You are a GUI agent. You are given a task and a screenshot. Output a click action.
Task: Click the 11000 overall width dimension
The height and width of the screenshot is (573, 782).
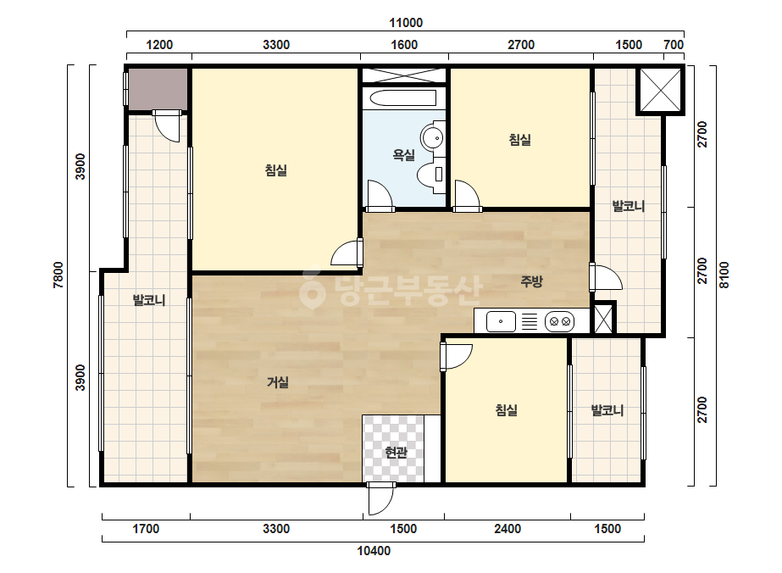406,23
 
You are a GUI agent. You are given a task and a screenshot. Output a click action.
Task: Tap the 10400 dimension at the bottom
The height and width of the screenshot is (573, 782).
374,551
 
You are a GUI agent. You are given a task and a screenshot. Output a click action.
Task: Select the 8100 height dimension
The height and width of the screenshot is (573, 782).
724,275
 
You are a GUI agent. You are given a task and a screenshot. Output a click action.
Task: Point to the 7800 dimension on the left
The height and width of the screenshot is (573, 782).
58,275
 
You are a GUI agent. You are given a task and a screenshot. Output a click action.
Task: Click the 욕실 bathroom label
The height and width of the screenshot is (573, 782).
403,155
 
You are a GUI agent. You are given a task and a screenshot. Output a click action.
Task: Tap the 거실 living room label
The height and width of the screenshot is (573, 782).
278,383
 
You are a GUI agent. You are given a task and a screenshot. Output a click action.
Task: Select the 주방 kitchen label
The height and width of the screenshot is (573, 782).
531,281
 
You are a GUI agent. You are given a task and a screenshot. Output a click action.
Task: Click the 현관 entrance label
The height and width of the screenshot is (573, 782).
396,453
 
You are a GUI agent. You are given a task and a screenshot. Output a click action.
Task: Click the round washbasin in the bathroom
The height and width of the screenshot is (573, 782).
432,137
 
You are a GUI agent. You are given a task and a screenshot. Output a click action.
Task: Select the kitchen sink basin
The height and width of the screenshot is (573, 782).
501,321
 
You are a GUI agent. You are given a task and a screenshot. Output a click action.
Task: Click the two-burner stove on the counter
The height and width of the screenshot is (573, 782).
559,321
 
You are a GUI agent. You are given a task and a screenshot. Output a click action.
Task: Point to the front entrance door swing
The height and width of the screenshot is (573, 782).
381,499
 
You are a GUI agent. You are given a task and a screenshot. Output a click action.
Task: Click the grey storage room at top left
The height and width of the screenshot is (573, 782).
158,89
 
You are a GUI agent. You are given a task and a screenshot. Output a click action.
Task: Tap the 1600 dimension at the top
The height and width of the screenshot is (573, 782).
404,45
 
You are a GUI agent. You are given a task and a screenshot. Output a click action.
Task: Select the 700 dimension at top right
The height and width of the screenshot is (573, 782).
674,45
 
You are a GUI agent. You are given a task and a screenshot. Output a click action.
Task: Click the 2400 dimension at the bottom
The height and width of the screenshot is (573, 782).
507,529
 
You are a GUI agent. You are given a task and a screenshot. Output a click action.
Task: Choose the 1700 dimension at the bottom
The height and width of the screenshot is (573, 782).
146,529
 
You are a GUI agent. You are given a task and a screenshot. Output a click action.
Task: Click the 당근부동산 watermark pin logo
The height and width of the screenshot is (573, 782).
312,290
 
